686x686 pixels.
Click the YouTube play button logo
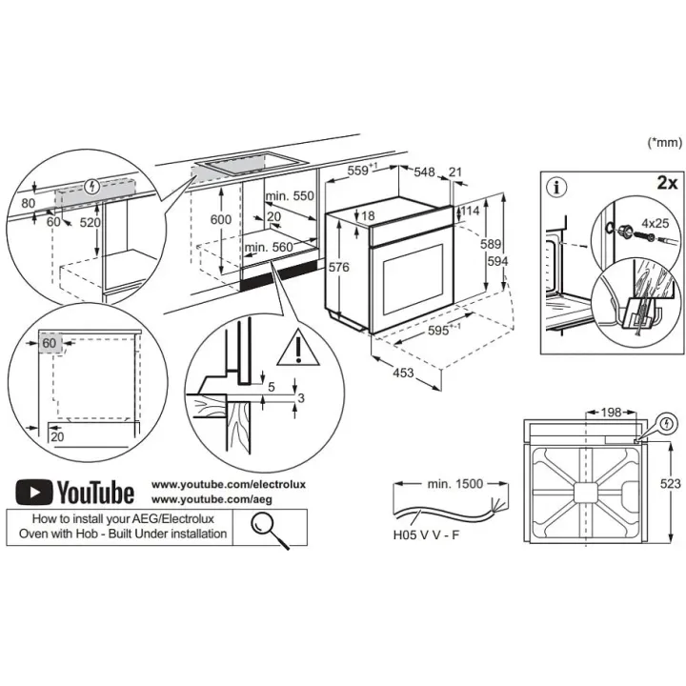(x=33, y=492)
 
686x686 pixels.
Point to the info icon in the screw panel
(x=559, y=187)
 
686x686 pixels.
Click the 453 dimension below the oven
(x=402, y=373)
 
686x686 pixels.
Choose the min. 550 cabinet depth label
(x=290, y=195)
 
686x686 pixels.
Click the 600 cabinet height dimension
(x=220, y=219)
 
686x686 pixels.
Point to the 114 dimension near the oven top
(x=469, y=211)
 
